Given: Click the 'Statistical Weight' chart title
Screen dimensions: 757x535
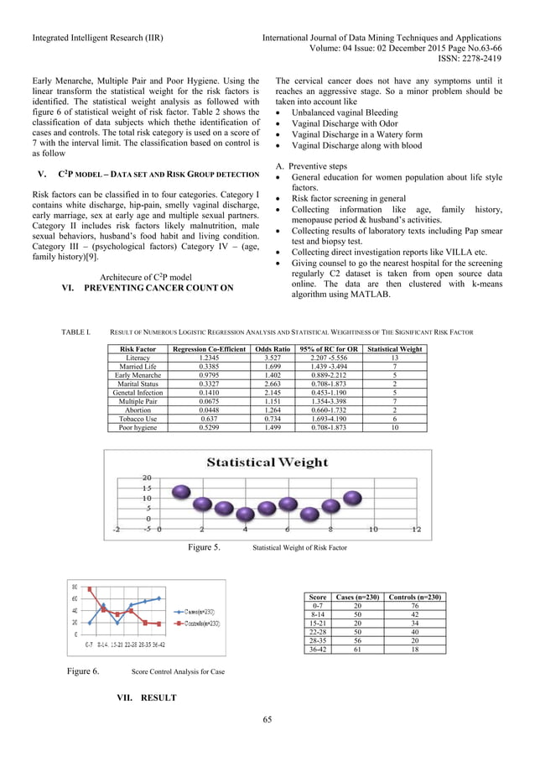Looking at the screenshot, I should (x=267, y=462).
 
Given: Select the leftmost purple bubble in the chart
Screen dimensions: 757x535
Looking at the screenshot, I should (x=202, y=505).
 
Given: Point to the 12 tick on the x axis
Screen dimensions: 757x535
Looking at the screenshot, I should (x=415, y=530).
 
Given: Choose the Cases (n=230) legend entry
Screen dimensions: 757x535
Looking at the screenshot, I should (x=199, y=613).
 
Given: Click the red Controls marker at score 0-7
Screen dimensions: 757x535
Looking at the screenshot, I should (x=90, y=589).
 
